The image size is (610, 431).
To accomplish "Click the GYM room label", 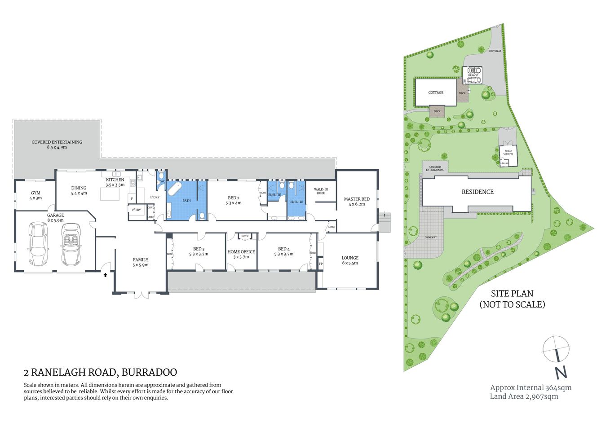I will [35, 193].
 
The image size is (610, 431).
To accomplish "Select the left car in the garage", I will [38, 243].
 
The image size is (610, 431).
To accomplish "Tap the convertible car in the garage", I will [71, 245].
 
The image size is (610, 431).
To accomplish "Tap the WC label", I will [163, 181].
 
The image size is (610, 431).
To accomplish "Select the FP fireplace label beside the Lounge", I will [320, 264].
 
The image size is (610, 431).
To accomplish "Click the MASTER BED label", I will [357, 199].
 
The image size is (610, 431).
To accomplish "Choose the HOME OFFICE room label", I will [241, 252].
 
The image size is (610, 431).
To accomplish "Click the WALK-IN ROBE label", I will [321, 191].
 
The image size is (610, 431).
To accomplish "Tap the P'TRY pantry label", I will [136, 210].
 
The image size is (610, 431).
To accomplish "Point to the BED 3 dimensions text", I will [199, 254].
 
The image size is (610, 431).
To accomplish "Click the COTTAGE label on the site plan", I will [436, 92].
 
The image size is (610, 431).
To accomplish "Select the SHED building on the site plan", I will [508, 155].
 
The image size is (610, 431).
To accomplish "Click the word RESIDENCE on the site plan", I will [477, 192].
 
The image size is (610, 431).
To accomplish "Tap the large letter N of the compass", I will [561, 373].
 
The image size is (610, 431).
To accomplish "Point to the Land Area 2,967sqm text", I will [524, 396].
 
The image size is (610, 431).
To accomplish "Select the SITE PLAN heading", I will [512, 294].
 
